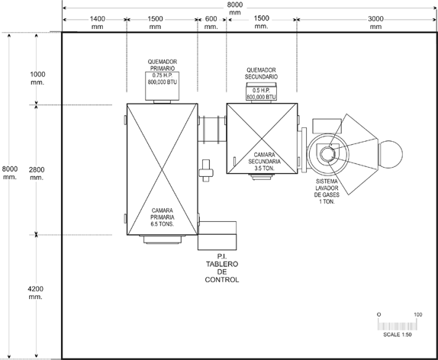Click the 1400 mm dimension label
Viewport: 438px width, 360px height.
click(98, 23)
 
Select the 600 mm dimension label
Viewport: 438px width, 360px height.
click(211, 23)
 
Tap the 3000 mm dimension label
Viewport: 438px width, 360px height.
click(375, 23)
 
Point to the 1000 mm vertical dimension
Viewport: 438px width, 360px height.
click(37, 79)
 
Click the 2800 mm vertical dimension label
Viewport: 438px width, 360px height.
click(37, 173)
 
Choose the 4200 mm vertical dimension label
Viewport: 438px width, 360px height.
click(35, 292)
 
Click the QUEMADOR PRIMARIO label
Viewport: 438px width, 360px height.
click(163, 65)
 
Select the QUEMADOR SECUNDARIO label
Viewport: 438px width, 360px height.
click(261, 73)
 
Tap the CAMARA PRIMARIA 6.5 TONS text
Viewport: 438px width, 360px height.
click(163, 217)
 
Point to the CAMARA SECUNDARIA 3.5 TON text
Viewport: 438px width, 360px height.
click(264, 162)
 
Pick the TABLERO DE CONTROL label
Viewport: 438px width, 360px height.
click(222, 272)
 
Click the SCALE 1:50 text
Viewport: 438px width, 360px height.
click(398, 335)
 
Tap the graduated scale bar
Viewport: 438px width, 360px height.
click(398, 326)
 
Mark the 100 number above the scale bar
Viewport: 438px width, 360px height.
click(418, 315)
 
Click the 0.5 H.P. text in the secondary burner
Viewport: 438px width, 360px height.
click(261, 91)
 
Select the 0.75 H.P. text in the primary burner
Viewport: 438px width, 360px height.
click(163, 76)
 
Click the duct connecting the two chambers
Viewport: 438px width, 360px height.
click(212, 130)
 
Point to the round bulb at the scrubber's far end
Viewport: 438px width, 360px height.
click(391, 154)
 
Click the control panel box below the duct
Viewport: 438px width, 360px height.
click(217, 236)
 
